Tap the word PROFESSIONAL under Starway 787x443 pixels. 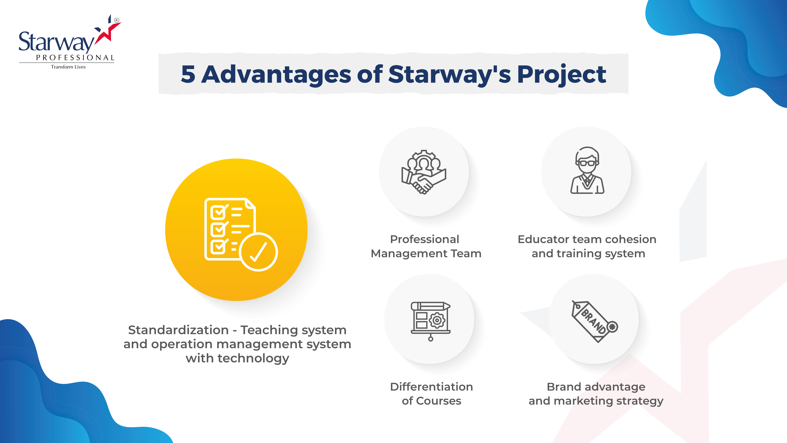(x=75, y=57)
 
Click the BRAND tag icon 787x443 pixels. (x=594, y=321)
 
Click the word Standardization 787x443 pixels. (x=178, y=330)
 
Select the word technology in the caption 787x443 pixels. (x=253, y=358)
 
